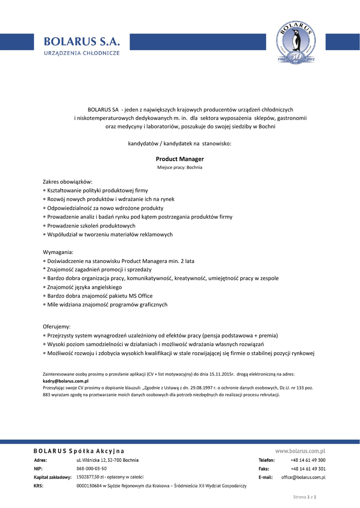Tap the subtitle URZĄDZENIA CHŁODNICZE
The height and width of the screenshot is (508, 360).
(81, 54)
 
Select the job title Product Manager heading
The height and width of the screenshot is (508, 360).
(180, 159)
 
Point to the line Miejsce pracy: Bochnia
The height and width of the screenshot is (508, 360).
(180, 168)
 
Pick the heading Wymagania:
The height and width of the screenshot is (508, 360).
(58, 252)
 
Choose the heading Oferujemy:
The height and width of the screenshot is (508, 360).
(57, 327)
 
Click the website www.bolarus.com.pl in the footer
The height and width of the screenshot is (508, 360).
(300, 451)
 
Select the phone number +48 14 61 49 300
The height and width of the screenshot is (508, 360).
(308, 460)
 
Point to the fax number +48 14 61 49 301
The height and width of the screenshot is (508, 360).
(308, 469)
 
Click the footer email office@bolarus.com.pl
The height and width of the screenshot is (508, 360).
(303, 477)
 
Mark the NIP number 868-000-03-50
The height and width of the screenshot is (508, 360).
(91, 469)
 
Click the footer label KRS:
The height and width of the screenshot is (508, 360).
(38, 486)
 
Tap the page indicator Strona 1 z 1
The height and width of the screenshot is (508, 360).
(305, 497)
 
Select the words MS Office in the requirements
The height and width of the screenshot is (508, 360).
(141, 296)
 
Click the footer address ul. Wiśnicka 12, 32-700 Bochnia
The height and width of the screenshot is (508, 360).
(107, 460)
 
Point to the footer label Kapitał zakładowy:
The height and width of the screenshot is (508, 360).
(53, 477)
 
